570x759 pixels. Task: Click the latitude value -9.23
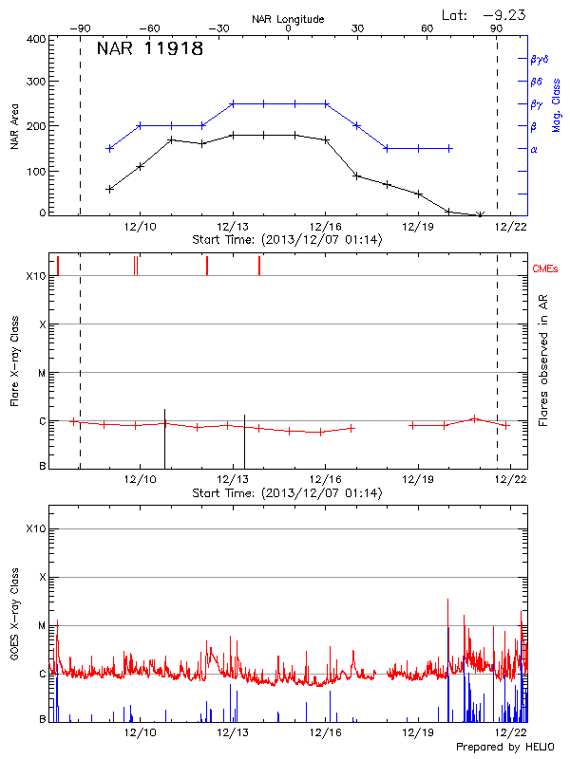point(497,14)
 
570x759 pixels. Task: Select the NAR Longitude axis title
point(288,19)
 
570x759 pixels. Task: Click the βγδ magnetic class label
point(539,59)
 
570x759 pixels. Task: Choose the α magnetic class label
point(534,149)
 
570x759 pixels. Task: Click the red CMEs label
point(545,269)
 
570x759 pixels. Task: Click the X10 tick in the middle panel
point(36,276)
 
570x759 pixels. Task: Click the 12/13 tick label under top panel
point(233,228)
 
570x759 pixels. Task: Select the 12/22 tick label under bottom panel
point(512,733)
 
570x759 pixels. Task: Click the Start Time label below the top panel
point(287,240)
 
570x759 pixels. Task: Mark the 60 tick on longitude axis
point(427,29)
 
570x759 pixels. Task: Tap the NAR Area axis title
point(15,126)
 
